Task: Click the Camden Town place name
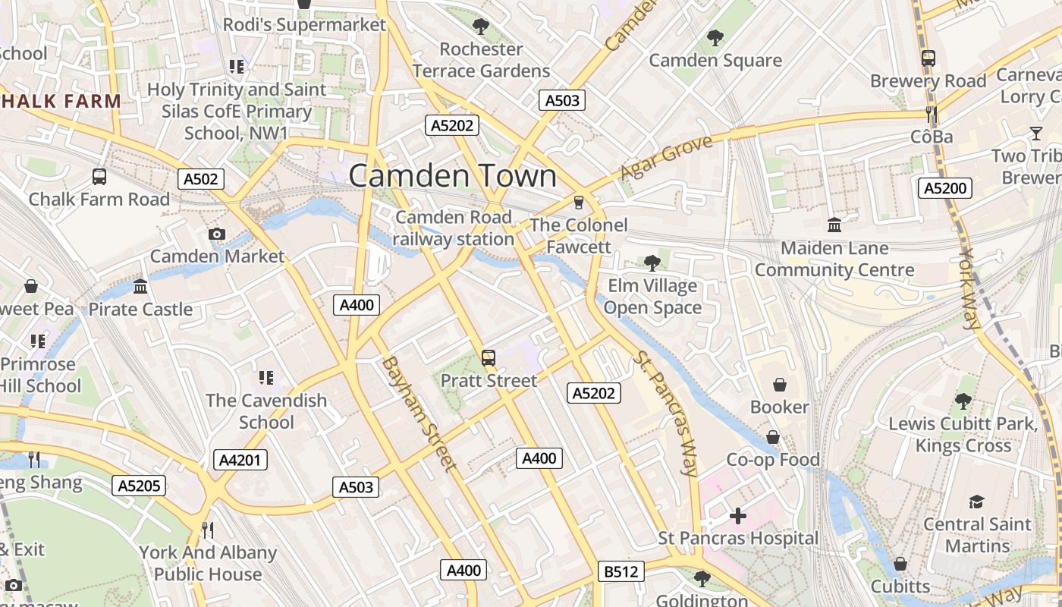(452, 176)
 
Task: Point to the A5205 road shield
(139, 485)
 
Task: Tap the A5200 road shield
(944, 187)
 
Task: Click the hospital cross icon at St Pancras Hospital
(737, 517)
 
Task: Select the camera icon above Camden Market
(217, 234)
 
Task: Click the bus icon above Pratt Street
(489, 358)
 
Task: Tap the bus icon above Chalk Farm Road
(99, 177)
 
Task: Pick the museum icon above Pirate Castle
(140, 287)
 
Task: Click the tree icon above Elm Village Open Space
(652, 263)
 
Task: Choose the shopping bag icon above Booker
(779, 385)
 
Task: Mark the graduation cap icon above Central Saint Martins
(976, 502)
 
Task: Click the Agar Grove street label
(665, 158)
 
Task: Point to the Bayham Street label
(419, 414)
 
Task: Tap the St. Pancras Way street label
(666, 414)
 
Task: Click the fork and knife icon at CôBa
(932, 115)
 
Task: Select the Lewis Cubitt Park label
(963, 434)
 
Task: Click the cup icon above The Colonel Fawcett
(579, 203)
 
